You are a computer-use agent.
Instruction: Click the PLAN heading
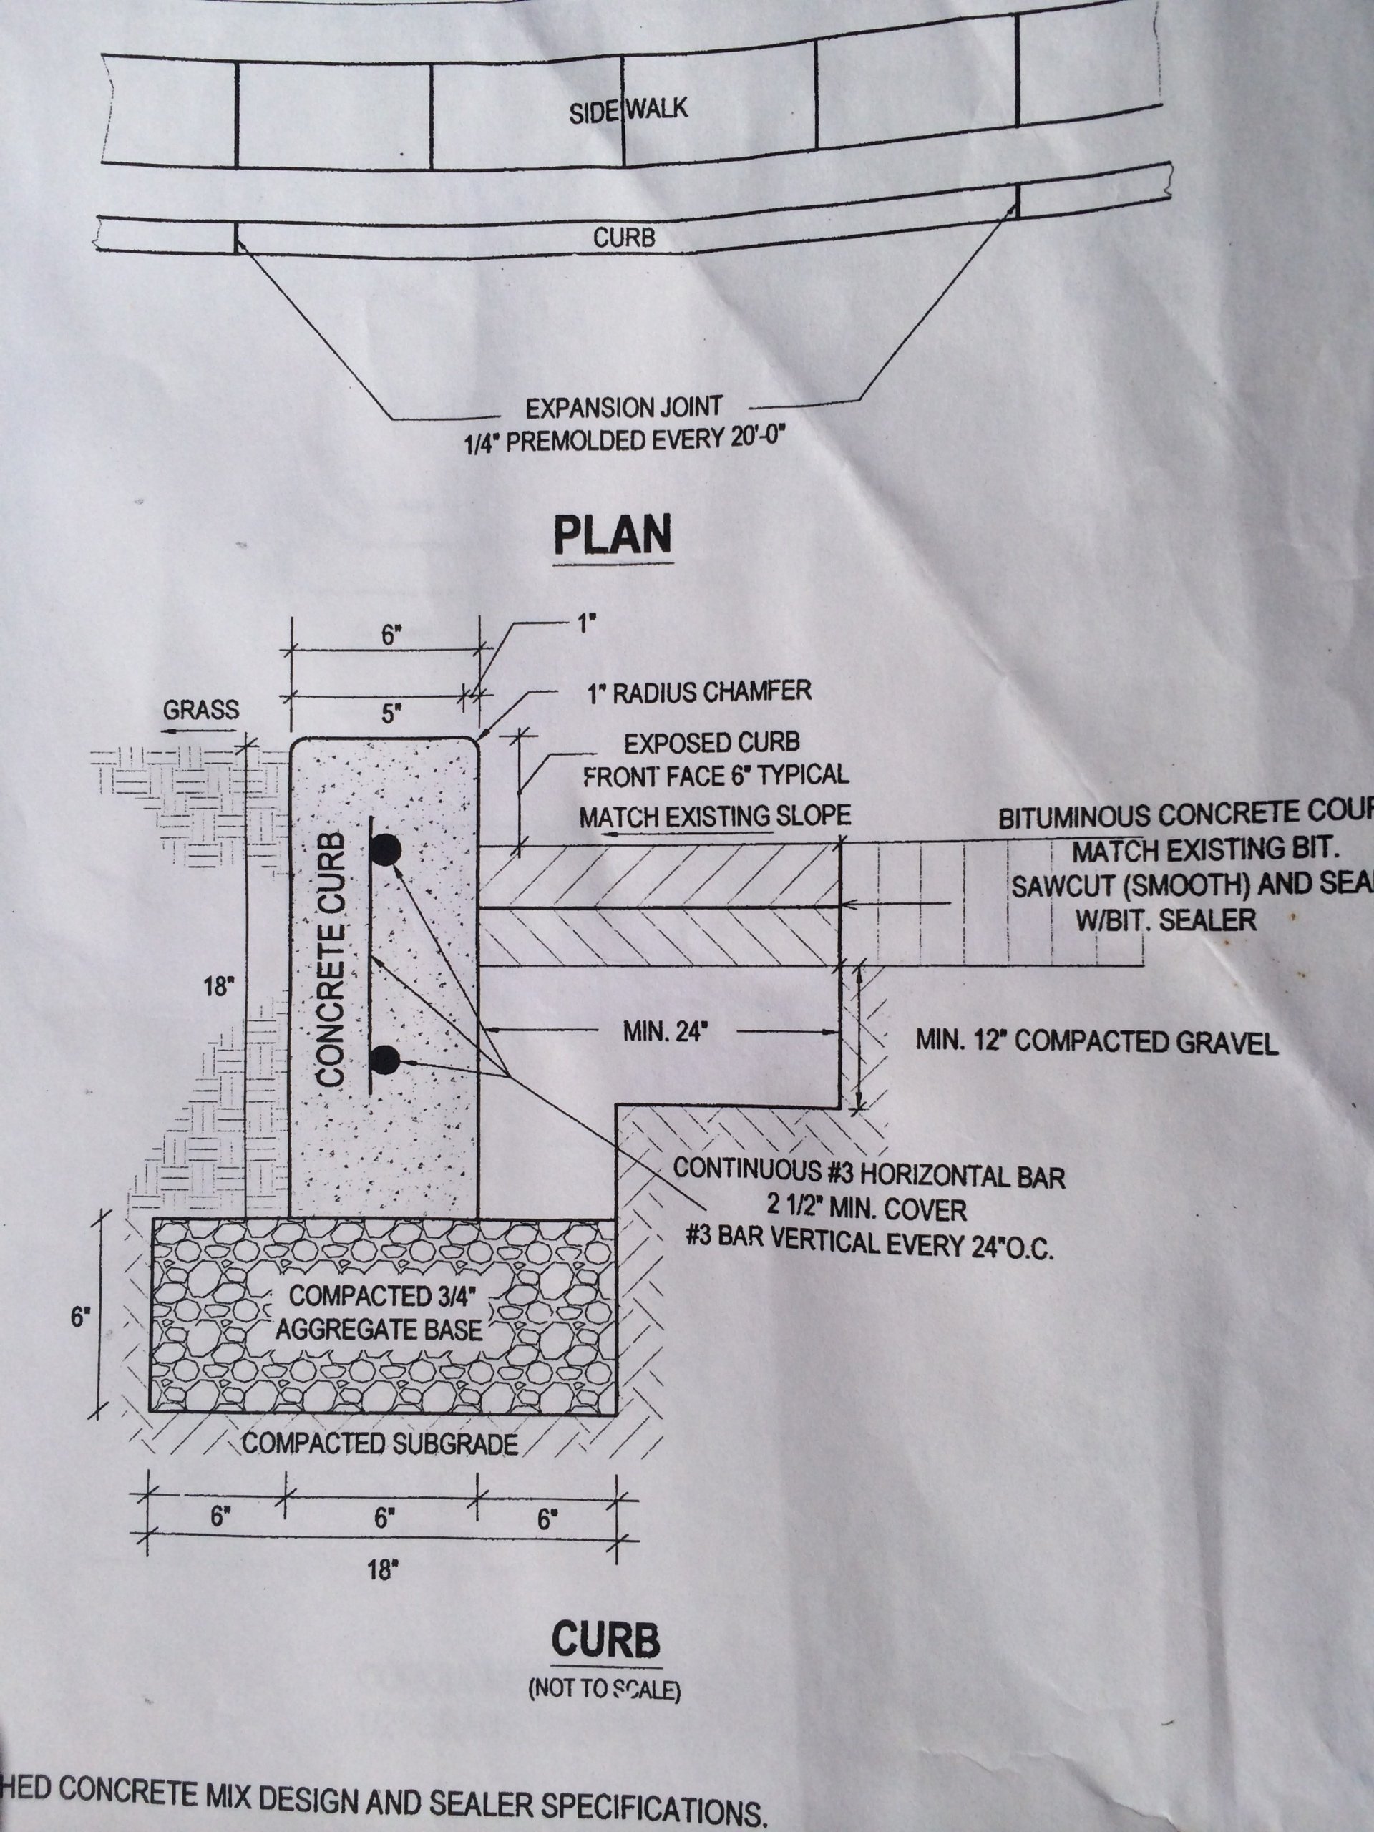click(x=612, y=536)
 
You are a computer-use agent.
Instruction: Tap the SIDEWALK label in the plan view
click(x=628, y=109)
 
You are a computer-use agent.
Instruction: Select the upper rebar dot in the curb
click(x=385, y=849)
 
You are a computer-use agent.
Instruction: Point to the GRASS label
click(x=200, y=710)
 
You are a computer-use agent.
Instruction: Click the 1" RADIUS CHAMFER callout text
click(x=699, y=691)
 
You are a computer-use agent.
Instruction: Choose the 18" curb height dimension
click(x=218, y=988)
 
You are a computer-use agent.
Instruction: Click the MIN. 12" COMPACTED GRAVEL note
click(x=1096, y=1042)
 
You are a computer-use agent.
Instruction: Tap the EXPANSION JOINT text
click(x=623, y=407)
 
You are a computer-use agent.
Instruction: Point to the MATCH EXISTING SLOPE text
click(x=714, y=817)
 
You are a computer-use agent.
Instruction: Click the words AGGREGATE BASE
click(x=379, y=1331)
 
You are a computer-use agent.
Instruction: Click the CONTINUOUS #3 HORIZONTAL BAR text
click(x=868, y=1174)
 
